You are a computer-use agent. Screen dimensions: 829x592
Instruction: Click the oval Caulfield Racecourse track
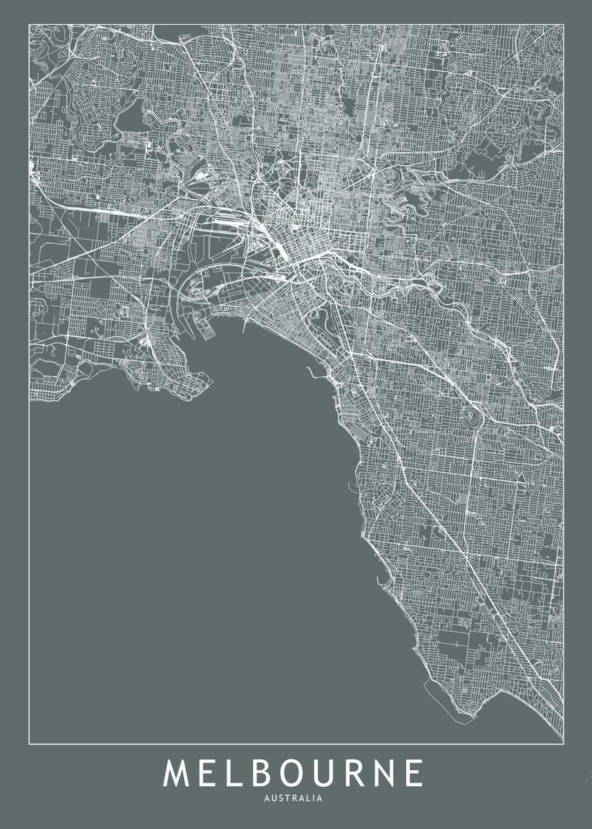pos(472,417)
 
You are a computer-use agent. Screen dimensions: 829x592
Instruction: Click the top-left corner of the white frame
pos(29,25)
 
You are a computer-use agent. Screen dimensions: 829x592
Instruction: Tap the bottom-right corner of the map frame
pos(563,744)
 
